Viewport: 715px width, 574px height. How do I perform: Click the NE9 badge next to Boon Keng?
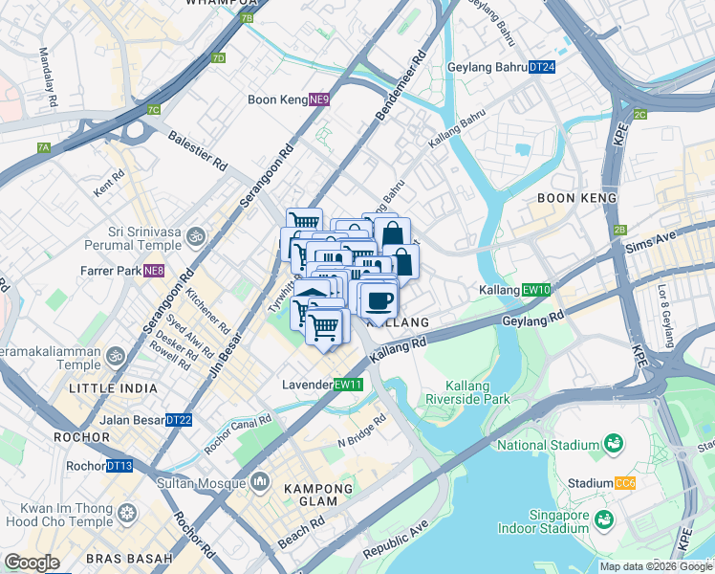pos(319,99)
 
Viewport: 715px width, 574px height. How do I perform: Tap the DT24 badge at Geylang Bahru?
pos(542,67)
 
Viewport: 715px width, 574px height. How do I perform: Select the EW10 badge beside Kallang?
pos(537,290)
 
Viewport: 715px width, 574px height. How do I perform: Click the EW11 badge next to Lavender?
pos(349,385)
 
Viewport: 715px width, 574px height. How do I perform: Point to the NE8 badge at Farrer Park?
pos(154,271)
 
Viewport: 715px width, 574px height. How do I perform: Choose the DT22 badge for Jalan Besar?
pos(179,420)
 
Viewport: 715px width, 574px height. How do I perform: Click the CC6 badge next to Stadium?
pos(625,483)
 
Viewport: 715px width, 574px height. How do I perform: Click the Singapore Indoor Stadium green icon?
pos(603,519)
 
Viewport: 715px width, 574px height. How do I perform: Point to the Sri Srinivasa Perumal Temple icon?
pos(195,235)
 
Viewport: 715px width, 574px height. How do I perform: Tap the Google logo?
pos(32,563)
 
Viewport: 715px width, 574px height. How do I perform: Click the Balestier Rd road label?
pos(198,152)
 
